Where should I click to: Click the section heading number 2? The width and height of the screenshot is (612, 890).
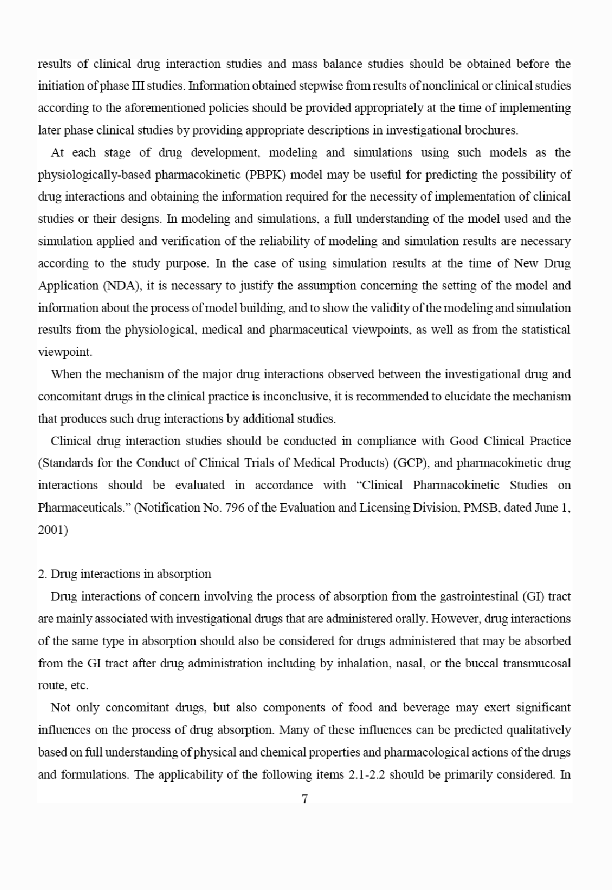41,574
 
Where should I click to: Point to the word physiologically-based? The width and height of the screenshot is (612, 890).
94,175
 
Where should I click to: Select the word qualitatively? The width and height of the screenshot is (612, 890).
537,730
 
